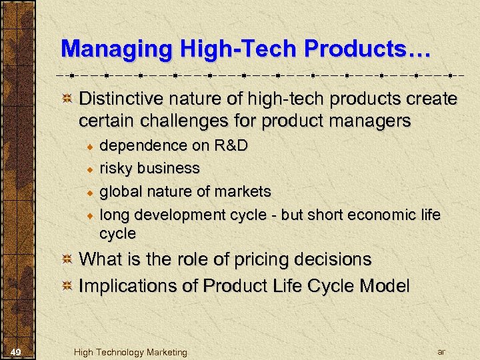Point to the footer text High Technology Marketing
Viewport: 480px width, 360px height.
tap(131, 352)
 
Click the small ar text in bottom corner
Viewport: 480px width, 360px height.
tap(441, 351)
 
